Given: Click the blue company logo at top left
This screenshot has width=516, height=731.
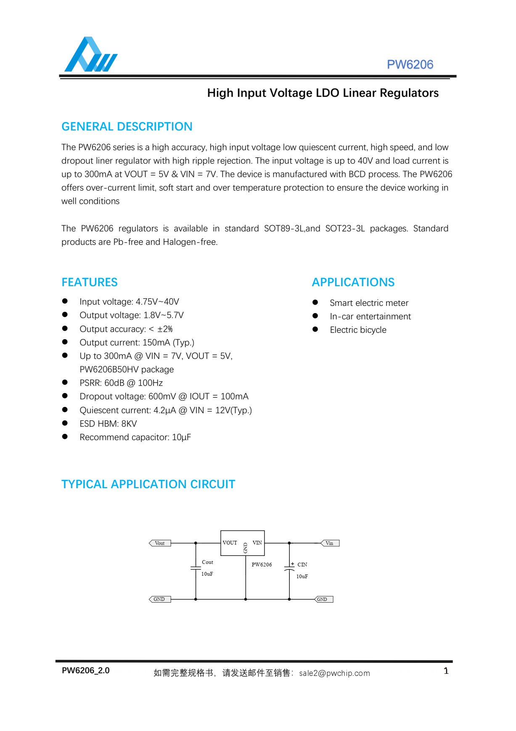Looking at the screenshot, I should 90,55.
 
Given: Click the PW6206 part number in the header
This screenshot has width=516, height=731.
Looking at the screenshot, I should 410,64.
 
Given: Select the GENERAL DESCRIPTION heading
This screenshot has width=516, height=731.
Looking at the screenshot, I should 127,127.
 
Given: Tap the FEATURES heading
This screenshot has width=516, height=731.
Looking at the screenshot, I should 90,282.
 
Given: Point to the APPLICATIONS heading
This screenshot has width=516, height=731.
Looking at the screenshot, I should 353,282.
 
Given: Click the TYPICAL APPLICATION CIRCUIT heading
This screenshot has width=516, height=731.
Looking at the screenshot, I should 148,484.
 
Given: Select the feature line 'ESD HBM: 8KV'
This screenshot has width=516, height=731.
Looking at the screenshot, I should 108,424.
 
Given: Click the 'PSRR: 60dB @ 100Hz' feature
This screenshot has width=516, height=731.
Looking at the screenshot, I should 121,383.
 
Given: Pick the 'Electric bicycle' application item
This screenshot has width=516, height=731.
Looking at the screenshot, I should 358,330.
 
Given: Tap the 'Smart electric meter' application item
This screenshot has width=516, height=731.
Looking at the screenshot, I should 369,303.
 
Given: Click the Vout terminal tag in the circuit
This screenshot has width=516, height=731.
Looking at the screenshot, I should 160,543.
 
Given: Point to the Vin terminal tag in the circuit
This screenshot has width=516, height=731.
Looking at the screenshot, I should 330,543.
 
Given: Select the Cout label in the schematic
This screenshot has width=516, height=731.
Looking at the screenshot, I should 207,562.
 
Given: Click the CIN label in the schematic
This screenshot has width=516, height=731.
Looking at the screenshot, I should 302,565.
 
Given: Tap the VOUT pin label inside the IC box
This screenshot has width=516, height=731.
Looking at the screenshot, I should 230,543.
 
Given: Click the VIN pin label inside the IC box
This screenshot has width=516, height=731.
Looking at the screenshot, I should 257,543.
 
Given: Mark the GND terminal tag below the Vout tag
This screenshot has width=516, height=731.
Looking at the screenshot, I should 159,599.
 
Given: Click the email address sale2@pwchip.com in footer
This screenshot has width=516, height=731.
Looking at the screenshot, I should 334,673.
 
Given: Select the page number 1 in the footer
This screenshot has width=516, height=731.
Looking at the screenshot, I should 446,671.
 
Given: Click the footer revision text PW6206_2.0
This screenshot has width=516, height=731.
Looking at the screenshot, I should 86,671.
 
